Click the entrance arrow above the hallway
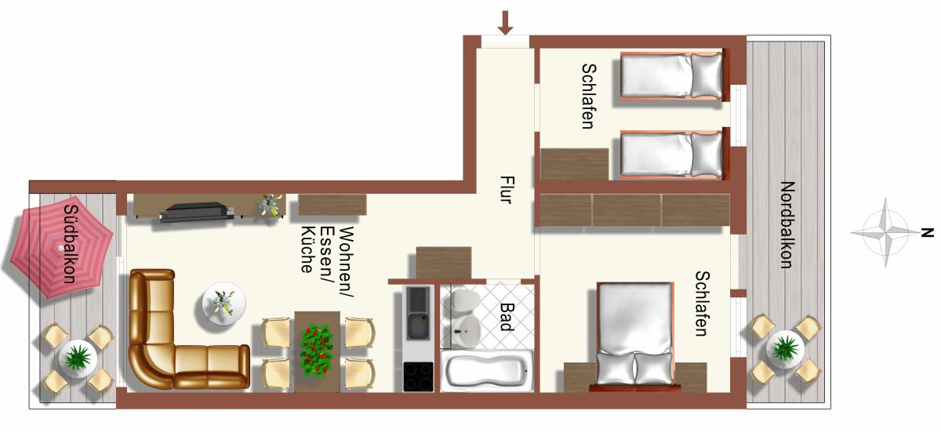coord(505,23)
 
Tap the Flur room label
coord(507,190)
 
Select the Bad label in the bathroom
coord(507,317)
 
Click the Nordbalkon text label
coord(787,225)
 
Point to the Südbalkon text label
coord(70,244)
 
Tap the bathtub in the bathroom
coord(486,371)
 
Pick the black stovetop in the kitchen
coord(418,377)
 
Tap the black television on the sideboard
coord(195,212)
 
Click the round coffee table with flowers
coord(224,303)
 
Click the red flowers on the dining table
coord(316,350)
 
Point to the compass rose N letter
coord(927,232)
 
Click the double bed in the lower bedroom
coord(635,334)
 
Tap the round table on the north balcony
coord(785,350)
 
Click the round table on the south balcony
coord(78,358)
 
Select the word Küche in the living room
coord(309,249)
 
